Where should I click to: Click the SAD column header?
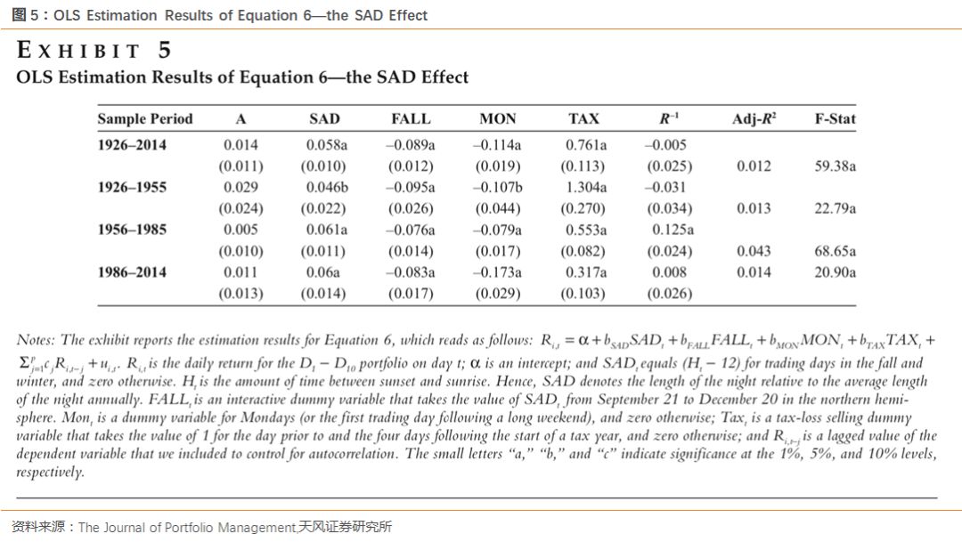(324, 118)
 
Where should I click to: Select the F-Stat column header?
(835, 118)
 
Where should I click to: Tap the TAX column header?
(583, 118)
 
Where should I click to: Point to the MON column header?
(497, 118)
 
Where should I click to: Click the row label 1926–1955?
(132, 187)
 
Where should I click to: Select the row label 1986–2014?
(132, 272)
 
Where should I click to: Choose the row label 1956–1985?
(132, 230)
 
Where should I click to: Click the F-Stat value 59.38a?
(835, 166)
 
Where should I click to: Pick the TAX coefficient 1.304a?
(585, 187)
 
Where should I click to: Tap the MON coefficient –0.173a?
(497, 272)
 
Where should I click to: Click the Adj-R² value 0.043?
(754, 251)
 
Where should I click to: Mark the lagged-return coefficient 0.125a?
(669, 230)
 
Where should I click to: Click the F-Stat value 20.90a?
(835, 272)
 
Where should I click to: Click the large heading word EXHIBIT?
(80, 51)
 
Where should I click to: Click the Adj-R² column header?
(754, 118)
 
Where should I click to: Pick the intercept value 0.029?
(240, 187)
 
